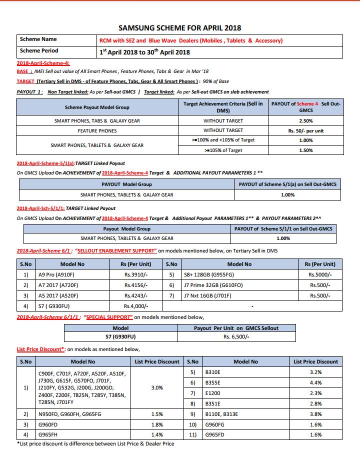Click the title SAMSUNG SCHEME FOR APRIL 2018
point(179,28)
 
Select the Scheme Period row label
point(39,50)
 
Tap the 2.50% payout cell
point(305,121)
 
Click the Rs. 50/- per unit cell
point(305,130)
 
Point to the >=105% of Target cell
point(223,150)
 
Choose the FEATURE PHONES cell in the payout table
point(97,130)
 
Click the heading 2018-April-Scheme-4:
point(43,63)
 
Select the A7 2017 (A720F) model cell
point(58,285)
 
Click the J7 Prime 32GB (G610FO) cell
point(213,285)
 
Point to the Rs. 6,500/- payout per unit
point(236,336)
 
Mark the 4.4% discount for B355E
point(315,382)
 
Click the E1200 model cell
point(214,393)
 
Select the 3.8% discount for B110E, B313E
point(315,414)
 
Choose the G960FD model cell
point(50,424)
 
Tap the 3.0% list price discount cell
point(157,387)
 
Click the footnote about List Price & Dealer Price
point(95,443)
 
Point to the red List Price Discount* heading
point(41,349)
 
